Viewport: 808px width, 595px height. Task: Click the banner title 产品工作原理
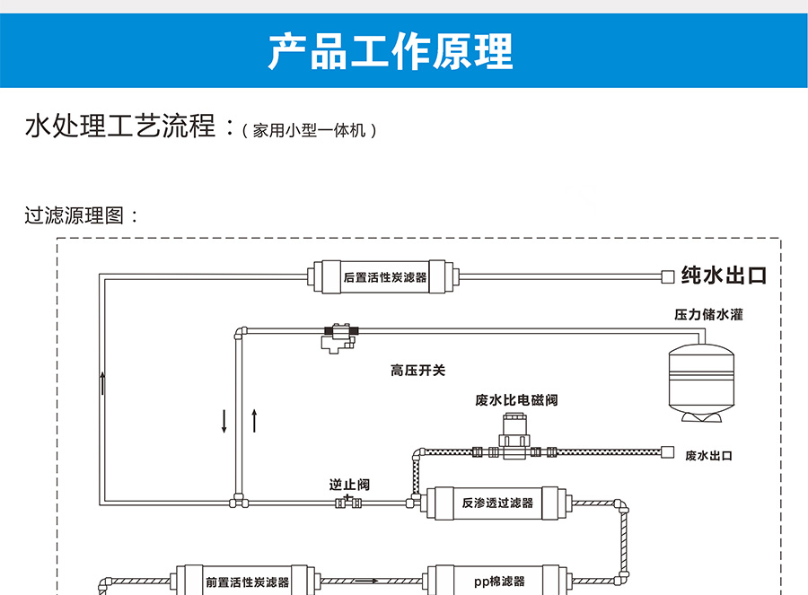(x=391, y=50)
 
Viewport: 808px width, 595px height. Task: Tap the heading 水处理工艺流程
(x=120, y=125)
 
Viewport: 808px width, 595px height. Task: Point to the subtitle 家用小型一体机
(x=309, y=130)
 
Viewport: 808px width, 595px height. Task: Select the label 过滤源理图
(x=75, y=215)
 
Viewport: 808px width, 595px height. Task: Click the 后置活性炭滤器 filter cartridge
(x=383, y=277)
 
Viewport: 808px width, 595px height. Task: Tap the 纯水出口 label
(x=724, y=276)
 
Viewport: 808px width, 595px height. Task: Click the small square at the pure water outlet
(x=668, y=277)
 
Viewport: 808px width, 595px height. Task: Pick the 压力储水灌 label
(x=708, y=314)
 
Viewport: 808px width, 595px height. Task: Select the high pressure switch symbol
(x=339, y=337)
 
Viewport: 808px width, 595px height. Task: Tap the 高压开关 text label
(x=417, y=371)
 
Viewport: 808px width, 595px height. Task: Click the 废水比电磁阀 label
(x=516, y=399)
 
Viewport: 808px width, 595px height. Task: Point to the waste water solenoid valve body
(x=514, y=437)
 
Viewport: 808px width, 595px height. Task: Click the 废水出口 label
(x=708, y=455)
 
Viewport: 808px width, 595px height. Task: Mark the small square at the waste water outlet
(x=668, y=452)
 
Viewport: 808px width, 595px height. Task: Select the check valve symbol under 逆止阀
(x=348, y=503)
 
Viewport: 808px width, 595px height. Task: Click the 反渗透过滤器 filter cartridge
(x=496, y=503)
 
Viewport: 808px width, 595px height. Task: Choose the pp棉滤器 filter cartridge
(x=498, y=582)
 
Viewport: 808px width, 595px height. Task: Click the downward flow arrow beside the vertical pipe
(x=224, y=422)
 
